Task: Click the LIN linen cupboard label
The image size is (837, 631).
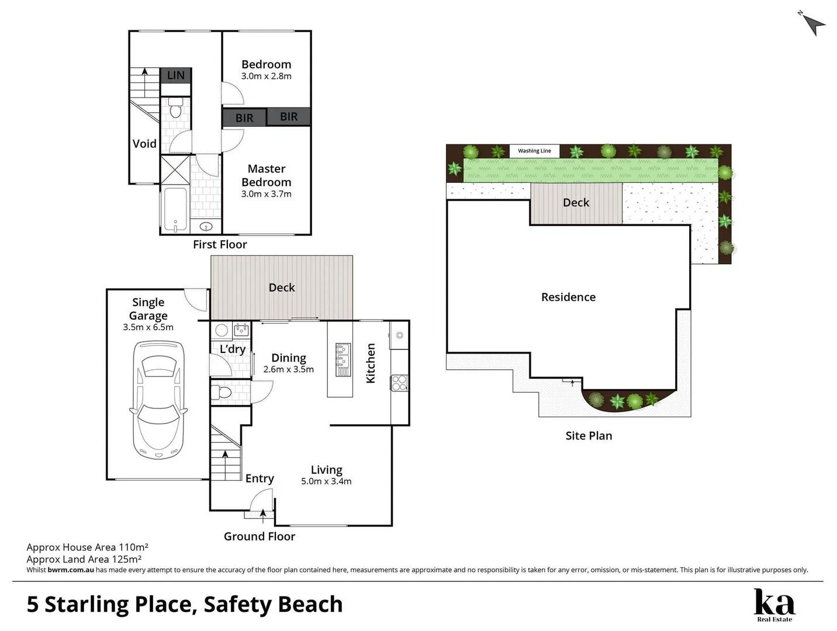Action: [x=175, y=75]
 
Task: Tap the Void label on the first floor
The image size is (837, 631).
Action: [x=144, y=144]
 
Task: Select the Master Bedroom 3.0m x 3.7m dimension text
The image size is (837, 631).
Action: [x=266, y=194]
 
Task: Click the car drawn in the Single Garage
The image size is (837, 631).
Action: [x=158, y=400]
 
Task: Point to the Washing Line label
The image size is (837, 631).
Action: [x=534, y=151]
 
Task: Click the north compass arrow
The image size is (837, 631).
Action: [x=814, y=23]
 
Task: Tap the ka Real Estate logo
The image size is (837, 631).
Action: [x=774, y=605]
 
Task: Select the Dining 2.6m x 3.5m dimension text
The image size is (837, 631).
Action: [x=288, y=369]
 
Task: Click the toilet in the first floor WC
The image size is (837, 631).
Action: [x=175, y=108]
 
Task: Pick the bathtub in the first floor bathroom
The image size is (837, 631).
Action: [x=175, y=209]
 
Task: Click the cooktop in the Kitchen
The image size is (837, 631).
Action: [x=399, y=383]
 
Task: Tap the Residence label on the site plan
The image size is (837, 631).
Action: [x=568, y=297]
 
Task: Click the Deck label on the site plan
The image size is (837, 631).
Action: [x=576, y=203]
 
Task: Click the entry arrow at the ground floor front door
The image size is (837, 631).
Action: [x=262, y=516]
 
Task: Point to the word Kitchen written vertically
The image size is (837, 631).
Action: [x=371, y=363]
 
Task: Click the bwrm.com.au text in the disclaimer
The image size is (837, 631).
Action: [x=71, y=570]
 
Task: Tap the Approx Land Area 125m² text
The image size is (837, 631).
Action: [x=84, y=559]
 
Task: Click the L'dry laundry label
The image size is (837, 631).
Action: [x=232, y=349]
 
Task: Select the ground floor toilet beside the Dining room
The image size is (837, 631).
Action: [x=221, y=391]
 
